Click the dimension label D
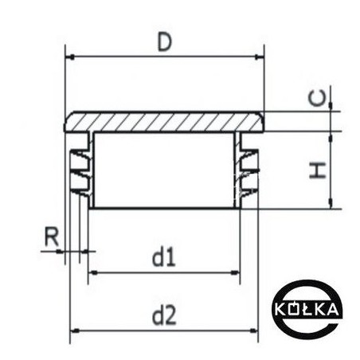tap(165, 41)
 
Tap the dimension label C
tap(317, 98)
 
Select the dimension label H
tap(318, 170)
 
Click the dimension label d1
tap(164, 257)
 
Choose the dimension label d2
tap(164, 315)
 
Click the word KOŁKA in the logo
tap(307, 309)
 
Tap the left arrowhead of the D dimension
tap(71, 57)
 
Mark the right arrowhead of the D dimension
tap(257, 57)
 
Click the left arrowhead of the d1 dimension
tap(92, 272)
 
